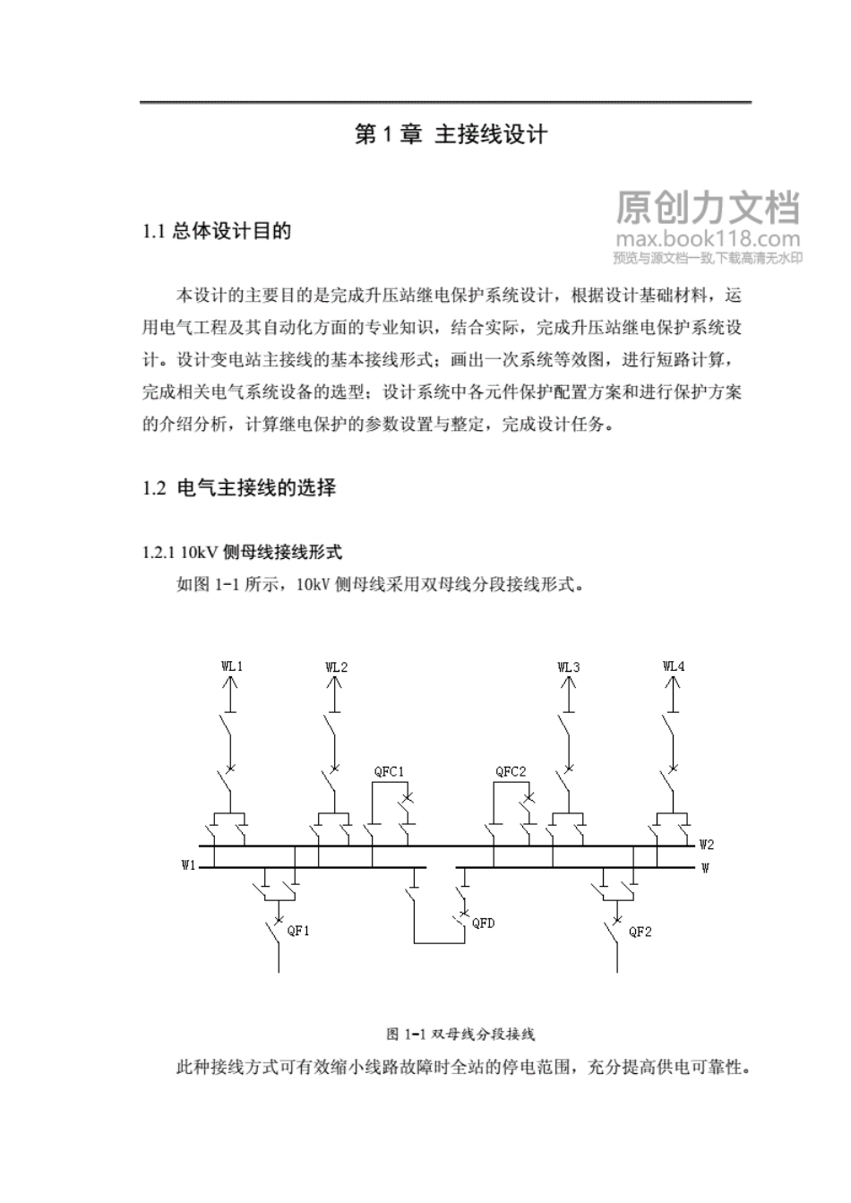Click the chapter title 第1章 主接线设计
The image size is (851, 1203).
pos(451,135)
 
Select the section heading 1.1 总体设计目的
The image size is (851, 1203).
pos(217,232)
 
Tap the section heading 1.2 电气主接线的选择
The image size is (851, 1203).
pos(239,488)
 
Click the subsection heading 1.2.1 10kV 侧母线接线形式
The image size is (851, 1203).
pos(242,553)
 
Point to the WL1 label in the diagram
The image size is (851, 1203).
pos(232,666)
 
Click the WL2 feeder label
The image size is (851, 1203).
pos(337,666)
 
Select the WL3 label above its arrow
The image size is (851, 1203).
pos(569,666)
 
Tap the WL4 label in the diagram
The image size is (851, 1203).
pos(674,666)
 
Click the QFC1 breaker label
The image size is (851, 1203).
pos(389,771)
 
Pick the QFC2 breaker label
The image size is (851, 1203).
pos(511,771)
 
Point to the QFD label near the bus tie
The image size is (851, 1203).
pos(483,924)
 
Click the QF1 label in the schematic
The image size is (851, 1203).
pos(298,931)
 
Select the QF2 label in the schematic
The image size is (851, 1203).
pos(640,932)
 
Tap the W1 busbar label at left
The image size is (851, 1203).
pos(188,865)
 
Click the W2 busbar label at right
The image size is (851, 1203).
pos(707,844)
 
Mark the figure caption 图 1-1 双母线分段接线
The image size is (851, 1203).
pos(460,1034)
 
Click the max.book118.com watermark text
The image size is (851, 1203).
pos(708,239)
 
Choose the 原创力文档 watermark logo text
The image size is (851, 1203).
pos(708,208)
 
